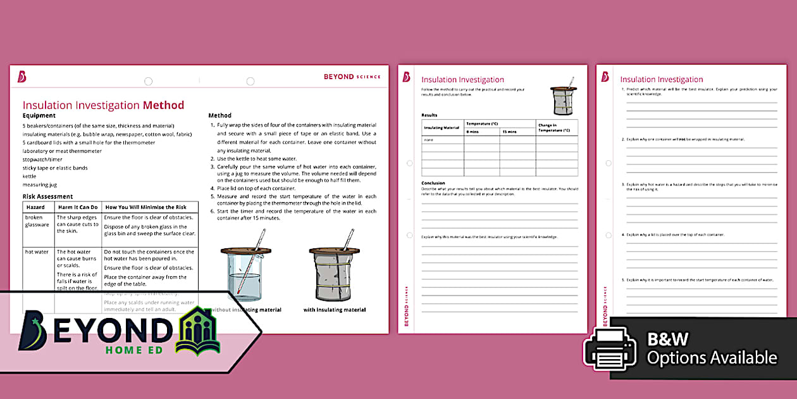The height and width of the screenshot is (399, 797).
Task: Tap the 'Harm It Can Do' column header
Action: pyautogui.click(x=78, y=207)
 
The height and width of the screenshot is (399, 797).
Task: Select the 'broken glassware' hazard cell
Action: pyautogui.click(x=37, y=221)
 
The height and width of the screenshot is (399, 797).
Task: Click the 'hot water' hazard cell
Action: pyautogui.click(x=37, y=251)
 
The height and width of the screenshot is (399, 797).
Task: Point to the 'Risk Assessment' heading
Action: pyautogui.click(x=47, y=196)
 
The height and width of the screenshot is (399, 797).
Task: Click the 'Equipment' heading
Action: pyautogui.click(x=39, y=115)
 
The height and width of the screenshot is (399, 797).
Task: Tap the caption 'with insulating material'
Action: pyautogui.click(x=334, y=310)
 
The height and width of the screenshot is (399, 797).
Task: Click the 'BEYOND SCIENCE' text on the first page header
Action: pyautogui.click(x=352, y=77)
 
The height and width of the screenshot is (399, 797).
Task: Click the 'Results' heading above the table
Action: pyautogui.click(x=429, y=115)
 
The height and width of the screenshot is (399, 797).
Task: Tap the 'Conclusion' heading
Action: pyautogui.click(x=433, y=183)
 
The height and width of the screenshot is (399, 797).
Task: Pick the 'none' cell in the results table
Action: pyautogui.click(x=429, y=139)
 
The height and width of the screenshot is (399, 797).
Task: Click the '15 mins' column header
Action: pyautogui.click(x=509, y=132)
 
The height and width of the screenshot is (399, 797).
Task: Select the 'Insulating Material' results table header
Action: pyautogui.click(x=442, y=128)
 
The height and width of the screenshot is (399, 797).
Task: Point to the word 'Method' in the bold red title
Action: pyautogui.click(x=163, y=105)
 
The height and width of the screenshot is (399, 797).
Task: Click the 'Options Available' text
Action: pyautogui.click(x=712, y=358)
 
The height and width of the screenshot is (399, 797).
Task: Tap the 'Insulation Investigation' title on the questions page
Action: pyautogui.click(x=661, y=79)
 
